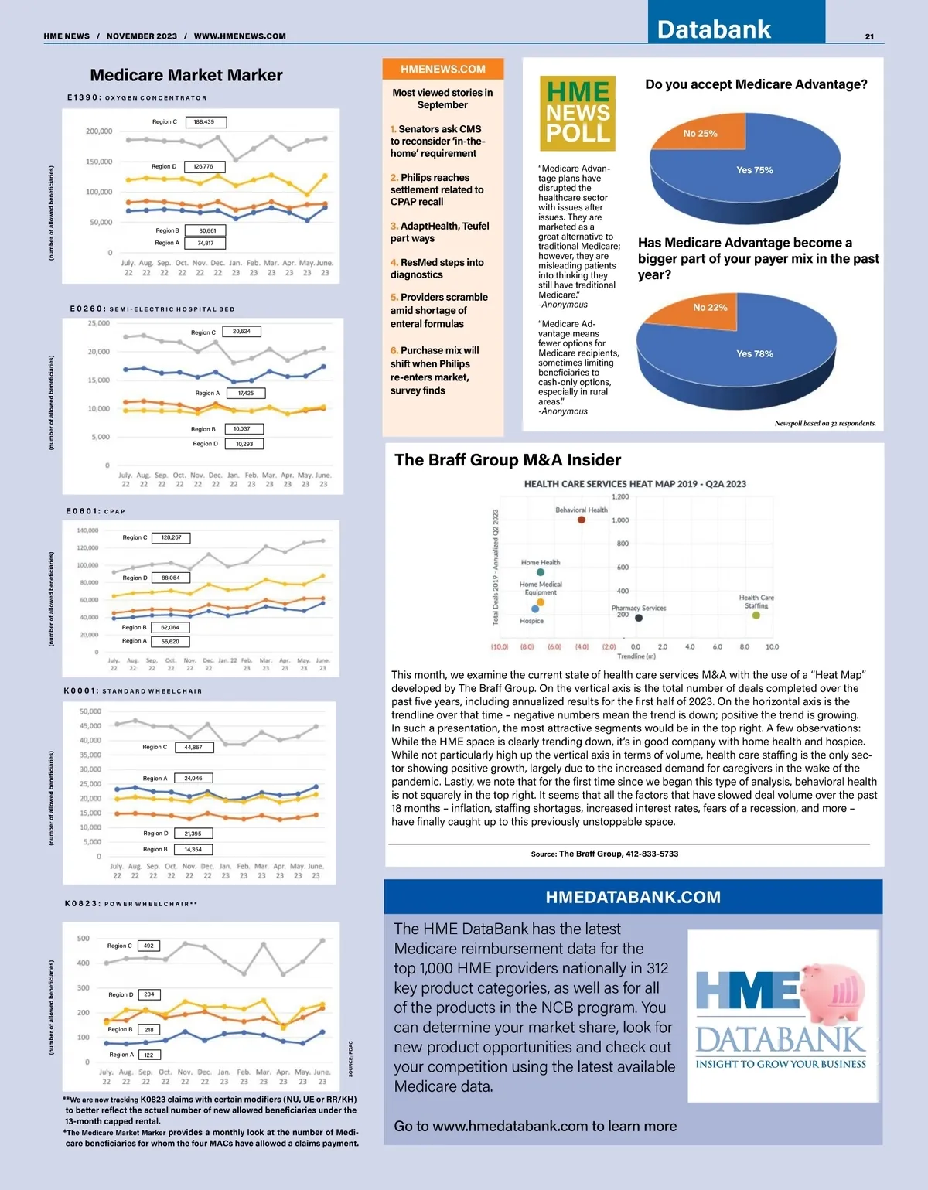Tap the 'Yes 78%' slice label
pyautogui.click(x=754, y=353)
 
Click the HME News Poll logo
pyautogui.click(x=578, y=113)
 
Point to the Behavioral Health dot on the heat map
pyautogui.click(x=582, y=520)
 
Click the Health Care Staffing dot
pyautogui.click(x=756, y=615)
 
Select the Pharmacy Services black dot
pyautogui.click(x=639, y=618)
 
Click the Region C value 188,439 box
pyautogui.click(x=205, y=122)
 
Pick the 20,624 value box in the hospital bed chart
pyautogui.click(x=241, y=331)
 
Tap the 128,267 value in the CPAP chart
pyautogui.click(x=172, y=537)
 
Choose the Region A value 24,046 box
pyautogui.click(x=193, y=778)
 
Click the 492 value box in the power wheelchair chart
pyautogui.click(x=148, y=946)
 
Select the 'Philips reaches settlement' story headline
pyautogui.click(x=437, y=189)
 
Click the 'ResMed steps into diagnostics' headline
pyautogui.click(x=437, y=268)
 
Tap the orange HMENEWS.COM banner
pyautogui.click(x=443, y=69)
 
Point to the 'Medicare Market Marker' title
pyautogui.click(x=186, y=75)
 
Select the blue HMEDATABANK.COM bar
pyautogui.click(x=633, y=897)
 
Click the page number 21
pyautogui.click(x=869, y=36)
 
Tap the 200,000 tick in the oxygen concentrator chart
pyautogui.click(x=99, y=131)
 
